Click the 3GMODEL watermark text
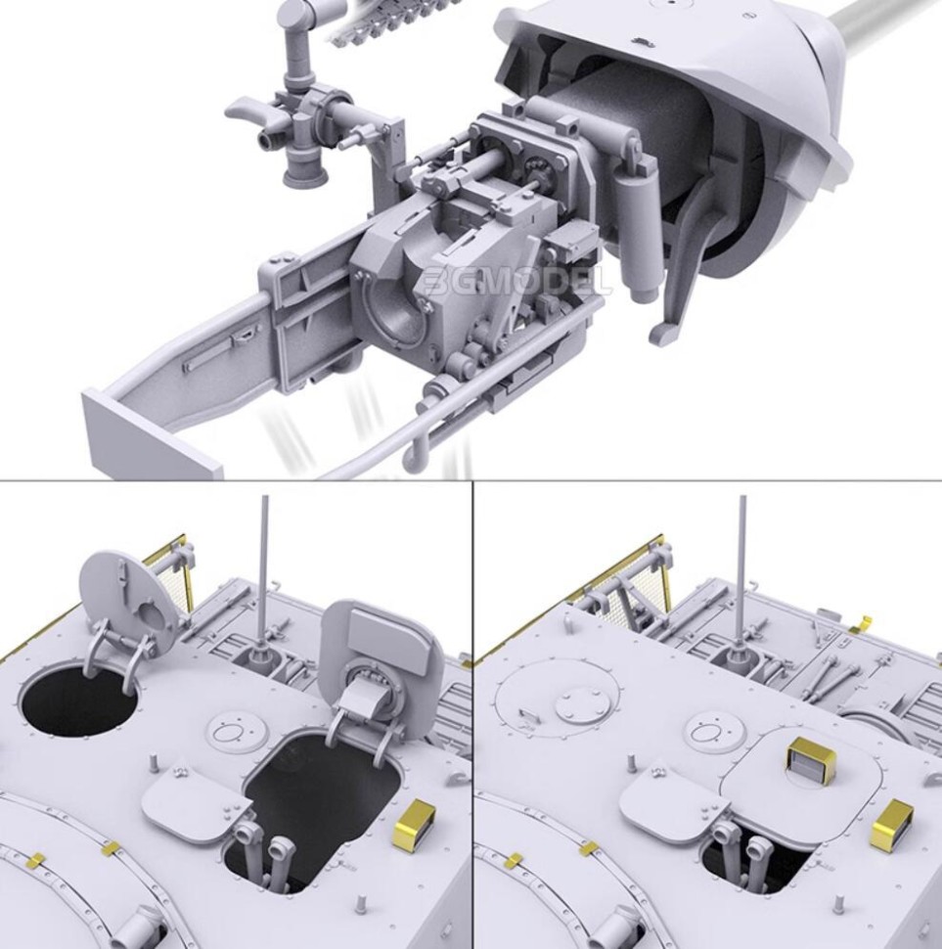518,281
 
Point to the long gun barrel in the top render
880,39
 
